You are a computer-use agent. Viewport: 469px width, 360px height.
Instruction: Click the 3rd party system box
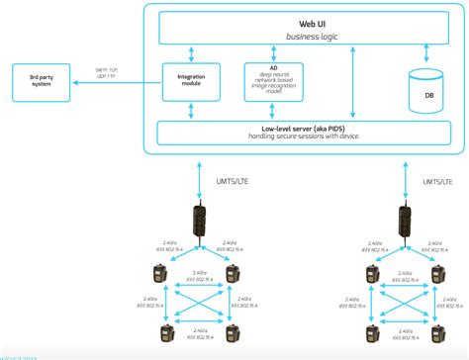(42, 80)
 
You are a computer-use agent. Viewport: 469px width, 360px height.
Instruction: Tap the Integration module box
(192, 81)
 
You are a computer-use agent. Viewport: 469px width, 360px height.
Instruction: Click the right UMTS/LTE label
(433, 181)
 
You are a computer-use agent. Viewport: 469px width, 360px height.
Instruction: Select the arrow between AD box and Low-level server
(273, 111)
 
